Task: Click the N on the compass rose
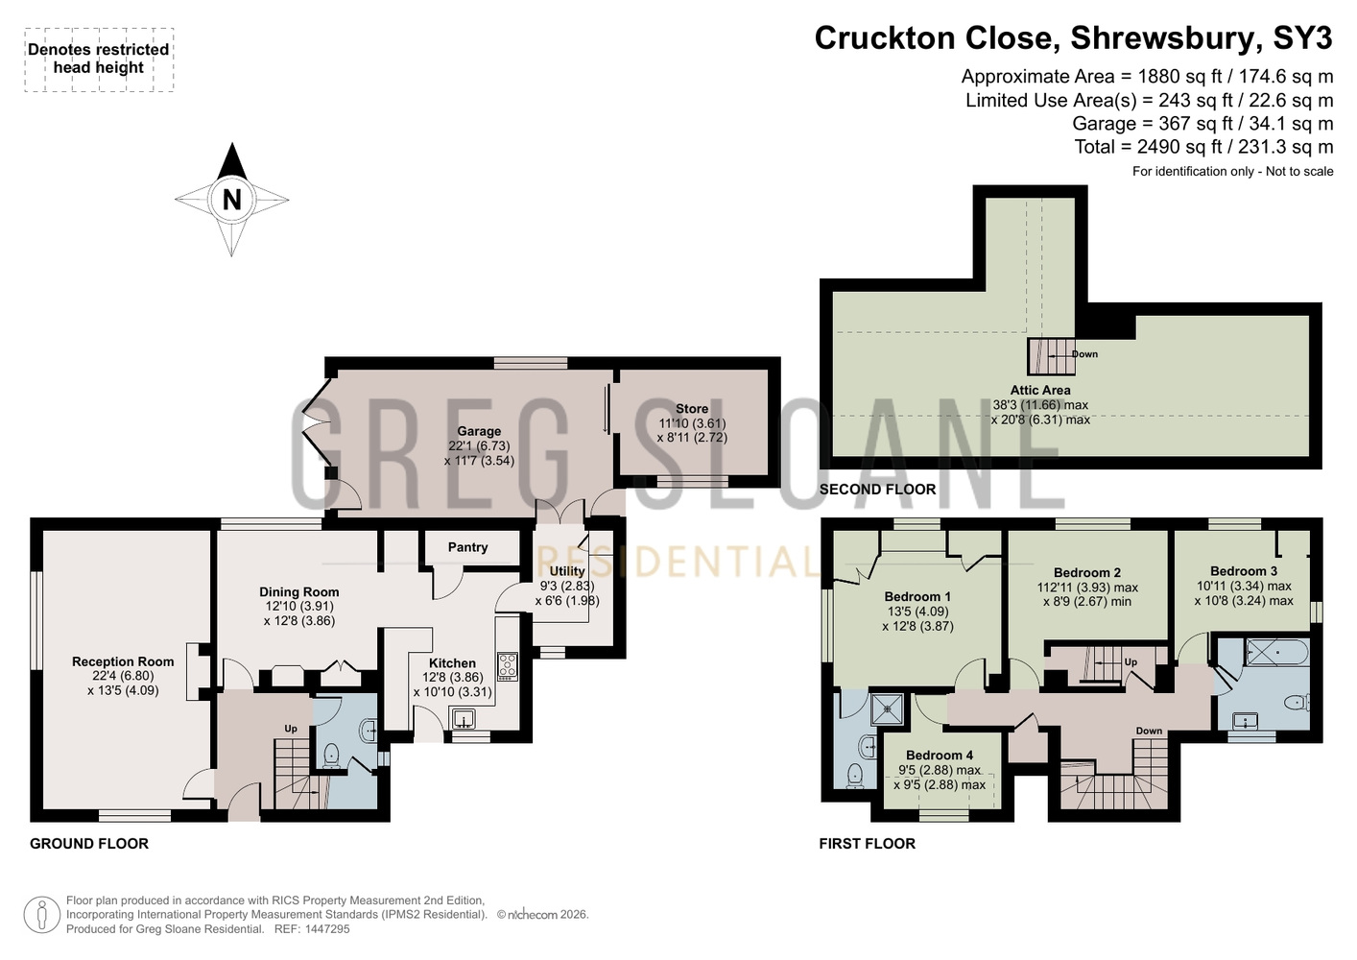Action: [x=232, y=200]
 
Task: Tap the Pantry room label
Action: [x=467, y=547]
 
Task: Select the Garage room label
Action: [x=479, y=431]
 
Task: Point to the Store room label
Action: [x=692, y=409]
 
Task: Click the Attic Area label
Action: [x=1040, y=391]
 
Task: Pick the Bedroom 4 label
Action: [x=940, y=756]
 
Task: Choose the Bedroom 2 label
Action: [x=1087, y=573]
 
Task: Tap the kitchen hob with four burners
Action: [x=508, y=665]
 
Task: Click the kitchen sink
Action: [x=464, y=719]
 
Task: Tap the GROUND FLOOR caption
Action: [x=89, y=844]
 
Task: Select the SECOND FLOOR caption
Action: [x=877, y=489]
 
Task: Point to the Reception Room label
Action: [x=123, y=661]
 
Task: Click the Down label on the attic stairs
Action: [x=1084, y=354]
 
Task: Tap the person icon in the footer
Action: [x=41, y=915]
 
